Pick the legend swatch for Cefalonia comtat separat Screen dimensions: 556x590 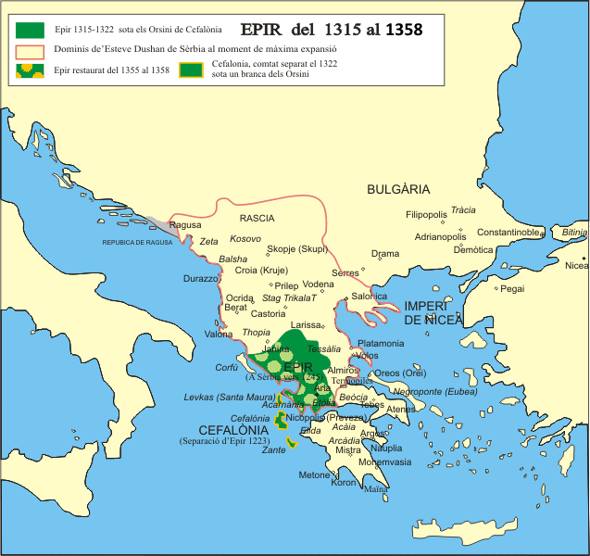193,69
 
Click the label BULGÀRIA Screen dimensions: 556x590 398,189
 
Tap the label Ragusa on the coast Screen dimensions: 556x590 185,224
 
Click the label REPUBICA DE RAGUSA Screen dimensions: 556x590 138,243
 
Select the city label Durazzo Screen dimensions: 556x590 201,278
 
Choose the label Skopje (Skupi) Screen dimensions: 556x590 296,249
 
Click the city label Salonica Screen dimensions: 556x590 369,297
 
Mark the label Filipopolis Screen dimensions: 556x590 426,215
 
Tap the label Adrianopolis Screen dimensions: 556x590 445,237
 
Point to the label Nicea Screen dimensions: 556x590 576,266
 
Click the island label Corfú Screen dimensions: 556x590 227,367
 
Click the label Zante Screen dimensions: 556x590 274,449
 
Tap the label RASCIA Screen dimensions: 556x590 257,219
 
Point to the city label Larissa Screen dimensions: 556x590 306,325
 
